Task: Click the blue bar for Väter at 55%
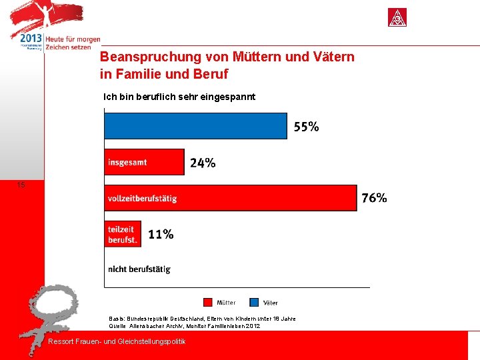click(195, 126)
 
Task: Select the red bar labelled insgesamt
click(144, 162)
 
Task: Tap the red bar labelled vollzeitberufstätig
click(230, 198)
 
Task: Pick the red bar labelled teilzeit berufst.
click(123, 234)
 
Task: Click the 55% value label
click(305, 127)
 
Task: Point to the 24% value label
click(203, 163)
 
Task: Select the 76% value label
click(374, 198)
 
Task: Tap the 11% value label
click(161, 234)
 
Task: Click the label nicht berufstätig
click(139, 269)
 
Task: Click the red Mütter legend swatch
click(207, 302)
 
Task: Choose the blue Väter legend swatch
click(254, 302)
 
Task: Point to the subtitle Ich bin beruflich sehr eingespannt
click(179, 97)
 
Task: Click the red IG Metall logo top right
click(397, 18)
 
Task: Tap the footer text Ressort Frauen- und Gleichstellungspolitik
click(117, 341)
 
